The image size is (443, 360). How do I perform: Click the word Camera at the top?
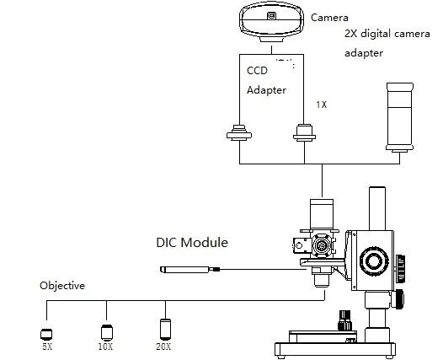[329, 18]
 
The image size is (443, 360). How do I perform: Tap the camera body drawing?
[271, 22]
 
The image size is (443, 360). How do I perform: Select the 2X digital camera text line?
[387, 34]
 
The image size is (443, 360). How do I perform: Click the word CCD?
[257, 71]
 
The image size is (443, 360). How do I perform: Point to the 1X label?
[321, 105]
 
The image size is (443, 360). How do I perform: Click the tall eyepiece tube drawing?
[400, 117]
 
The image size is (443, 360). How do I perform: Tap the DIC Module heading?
[192, 242]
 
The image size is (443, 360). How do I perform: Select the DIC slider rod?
[189, 270]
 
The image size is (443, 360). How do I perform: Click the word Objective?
[62, 286]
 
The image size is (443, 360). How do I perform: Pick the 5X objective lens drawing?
[46, 334]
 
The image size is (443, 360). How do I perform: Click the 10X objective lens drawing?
[107, 332]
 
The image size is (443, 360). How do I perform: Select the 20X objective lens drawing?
[166, 329]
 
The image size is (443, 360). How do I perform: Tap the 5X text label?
[47, 347]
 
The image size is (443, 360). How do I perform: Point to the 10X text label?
[105, 347]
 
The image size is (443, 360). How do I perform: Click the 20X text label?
[163, 347]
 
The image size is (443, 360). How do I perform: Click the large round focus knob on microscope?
[374, 261]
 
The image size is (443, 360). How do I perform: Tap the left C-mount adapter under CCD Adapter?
[239, 132]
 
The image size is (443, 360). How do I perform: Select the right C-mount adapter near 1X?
[304, 132]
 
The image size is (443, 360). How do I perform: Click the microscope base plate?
[335, 350]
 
